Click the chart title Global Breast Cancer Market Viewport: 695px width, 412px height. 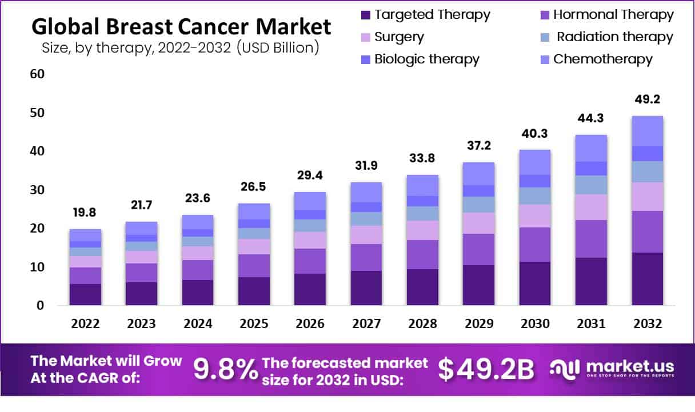181,26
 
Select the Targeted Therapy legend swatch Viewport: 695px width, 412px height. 366,15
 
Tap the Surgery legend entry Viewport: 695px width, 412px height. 399,37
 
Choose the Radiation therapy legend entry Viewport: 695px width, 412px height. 614,37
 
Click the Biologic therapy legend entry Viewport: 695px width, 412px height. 426,59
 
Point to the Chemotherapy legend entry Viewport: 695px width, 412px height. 602,59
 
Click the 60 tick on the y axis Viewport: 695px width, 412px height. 37,74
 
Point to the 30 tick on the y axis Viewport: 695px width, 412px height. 37,190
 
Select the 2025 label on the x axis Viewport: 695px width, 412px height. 254,323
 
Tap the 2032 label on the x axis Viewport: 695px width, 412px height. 647,323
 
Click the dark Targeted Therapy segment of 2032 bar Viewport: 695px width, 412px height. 647,279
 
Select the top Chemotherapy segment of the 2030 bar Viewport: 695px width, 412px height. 534,162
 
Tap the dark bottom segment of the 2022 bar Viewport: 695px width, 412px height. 86,294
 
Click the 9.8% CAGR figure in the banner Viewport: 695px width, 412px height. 226,370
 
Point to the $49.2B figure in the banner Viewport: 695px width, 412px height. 486,370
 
